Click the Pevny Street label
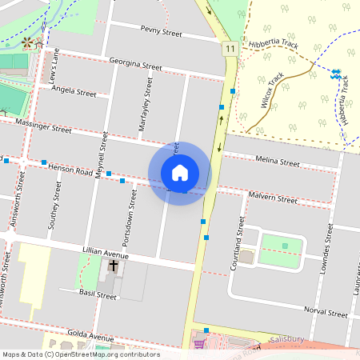[x=162, y=33]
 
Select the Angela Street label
[x=73, y=92]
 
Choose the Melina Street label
[x=277, y=162]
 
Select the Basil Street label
[x=98, y=295]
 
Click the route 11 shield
[x=230, y=49]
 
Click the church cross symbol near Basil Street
[x=114, y=266]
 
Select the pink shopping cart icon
[x=198, y=344]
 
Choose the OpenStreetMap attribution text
[x=81, y=354]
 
